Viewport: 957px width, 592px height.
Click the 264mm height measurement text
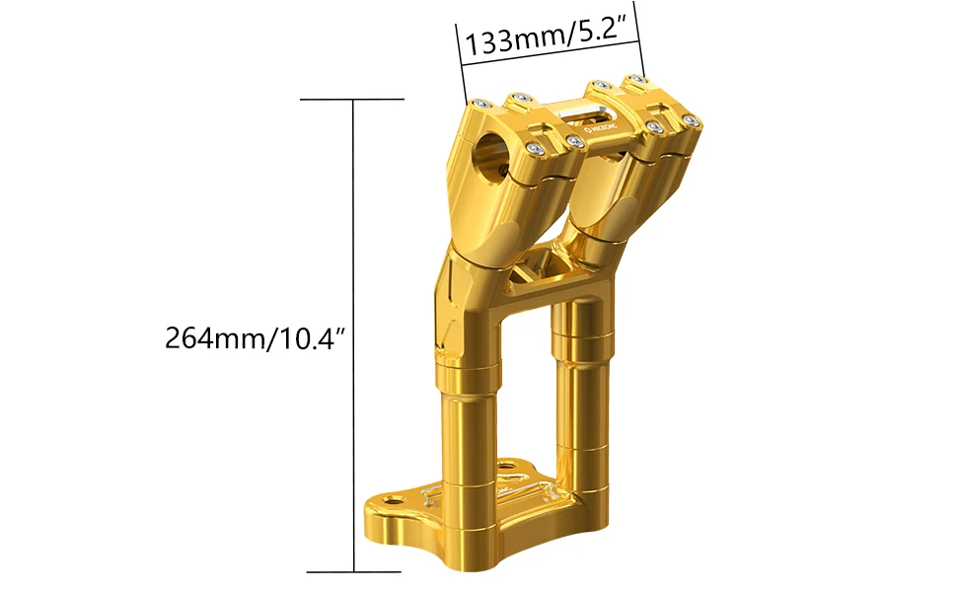(x=211, y=338)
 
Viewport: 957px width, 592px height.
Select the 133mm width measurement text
(x=512, y=42)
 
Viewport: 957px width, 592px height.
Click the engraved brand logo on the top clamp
(x=603, y=127)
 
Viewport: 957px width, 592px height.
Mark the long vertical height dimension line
(x=353, y=335)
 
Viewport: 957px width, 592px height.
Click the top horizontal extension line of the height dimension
(x=352, y=100)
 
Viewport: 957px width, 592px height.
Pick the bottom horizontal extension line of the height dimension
(x=353, y=571)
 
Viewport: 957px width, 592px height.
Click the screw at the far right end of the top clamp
(x=692, y=120)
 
